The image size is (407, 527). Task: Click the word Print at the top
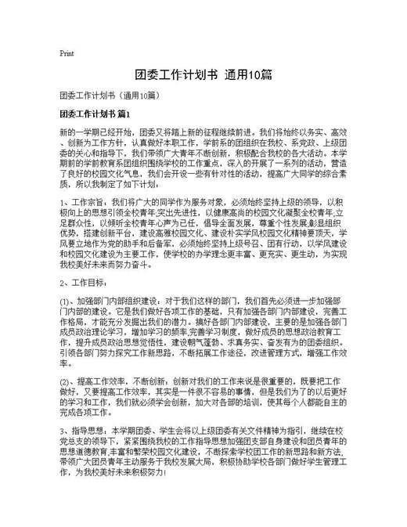pyautogui.click(x=67, y=53)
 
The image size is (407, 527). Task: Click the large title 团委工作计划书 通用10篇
pyautogui.click(x=203, y=75)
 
